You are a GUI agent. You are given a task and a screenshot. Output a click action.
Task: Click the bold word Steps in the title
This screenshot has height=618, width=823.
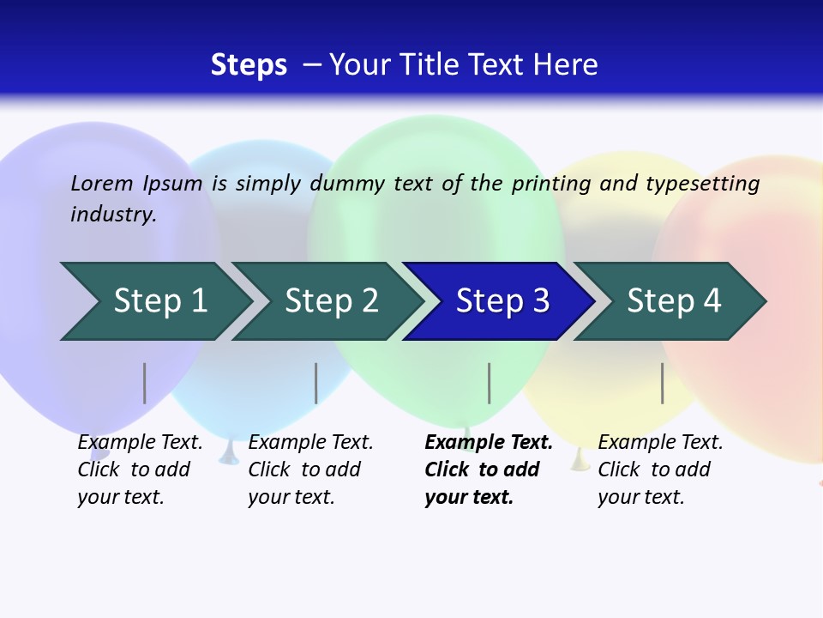tap(249, 65)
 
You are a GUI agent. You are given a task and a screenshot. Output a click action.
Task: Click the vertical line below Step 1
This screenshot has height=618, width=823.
tap(144, 383)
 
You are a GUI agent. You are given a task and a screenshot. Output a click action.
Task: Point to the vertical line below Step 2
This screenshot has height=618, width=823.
tap(315, 383)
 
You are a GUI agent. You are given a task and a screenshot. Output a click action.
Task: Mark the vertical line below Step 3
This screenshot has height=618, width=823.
tap(489, 383)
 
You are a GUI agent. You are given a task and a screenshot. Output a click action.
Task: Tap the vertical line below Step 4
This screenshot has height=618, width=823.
tap(662, 383)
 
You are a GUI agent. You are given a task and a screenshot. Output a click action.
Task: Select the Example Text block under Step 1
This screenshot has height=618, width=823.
tap(140, 470)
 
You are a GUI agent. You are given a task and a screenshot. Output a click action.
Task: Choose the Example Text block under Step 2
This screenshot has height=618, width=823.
tap(310, 470)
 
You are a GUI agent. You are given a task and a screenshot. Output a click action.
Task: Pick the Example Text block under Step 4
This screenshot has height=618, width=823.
tap(660, 470)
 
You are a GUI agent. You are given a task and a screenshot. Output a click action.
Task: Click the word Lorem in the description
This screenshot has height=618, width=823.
tap(102, 183)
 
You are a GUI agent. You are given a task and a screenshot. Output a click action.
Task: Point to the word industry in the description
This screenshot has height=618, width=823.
tap(112, 215)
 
